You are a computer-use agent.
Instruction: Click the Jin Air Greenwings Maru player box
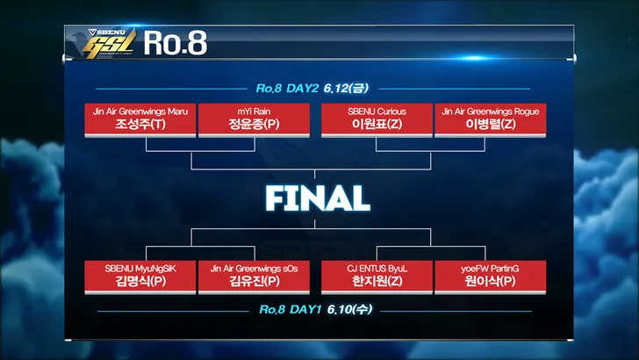pyautogui.click(x=140, y=120)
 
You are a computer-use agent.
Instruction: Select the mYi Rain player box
pyautogui.click(x=254, y=120)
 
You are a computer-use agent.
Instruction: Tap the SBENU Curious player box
pyautogui.click(x=377, y=120)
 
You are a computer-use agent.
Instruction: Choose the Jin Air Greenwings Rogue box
pyautogui.click(x=491, y=120)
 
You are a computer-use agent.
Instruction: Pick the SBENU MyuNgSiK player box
pyautogui.click(x=140, y=277)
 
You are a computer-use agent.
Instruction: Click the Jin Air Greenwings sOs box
pyautogui.click(x=254, y=277)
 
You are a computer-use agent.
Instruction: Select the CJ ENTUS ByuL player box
pyautogui.click(x=377, y=277)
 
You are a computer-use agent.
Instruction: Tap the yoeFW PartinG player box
pyautogui.click(x=491, y=277)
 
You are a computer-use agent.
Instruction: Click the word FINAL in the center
pyautogui.click(x=318, y=198)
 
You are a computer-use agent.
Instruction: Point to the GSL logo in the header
pyautogui.click(x=109, y=45)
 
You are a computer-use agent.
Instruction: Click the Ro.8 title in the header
pyautogui.click(x=176, y=43)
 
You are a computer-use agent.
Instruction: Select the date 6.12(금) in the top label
pyautogui.click(x=346, y=88)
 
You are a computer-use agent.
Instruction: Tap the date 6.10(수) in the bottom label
pyautogui.click(x=349, y=309)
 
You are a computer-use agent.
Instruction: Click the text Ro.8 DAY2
pyautogui.click(x=287, y=89)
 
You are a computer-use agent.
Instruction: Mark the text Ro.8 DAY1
pyautogui.click(x=291, y=310)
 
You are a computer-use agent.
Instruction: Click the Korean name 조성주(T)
pyautogui.click(x=140, y=125)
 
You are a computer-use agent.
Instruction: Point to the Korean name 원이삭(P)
pyautogui.click(x=491, y=281)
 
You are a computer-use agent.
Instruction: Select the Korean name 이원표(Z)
pyautogui.click(x=377, y=125)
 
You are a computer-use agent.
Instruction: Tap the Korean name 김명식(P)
pyautogui.click(x=140, y=281)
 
